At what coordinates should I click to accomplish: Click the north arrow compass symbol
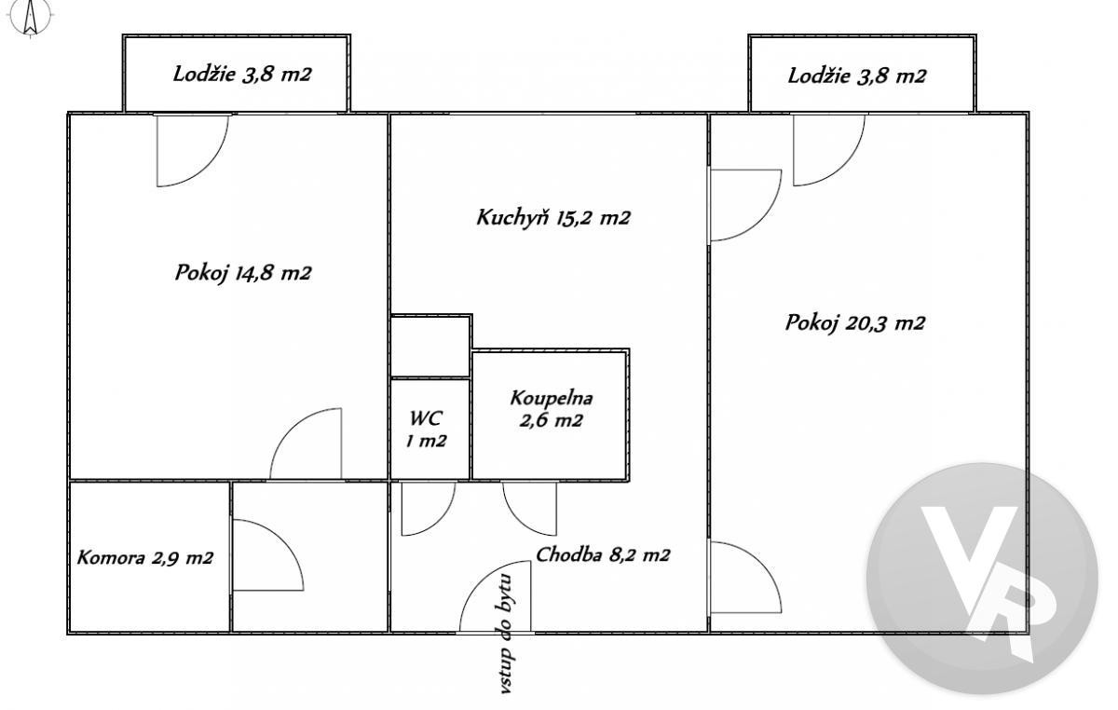pyautogui.click(x=31, y=18)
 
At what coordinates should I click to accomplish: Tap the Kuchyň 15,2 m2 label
pyautogui.click(x=553, y=218)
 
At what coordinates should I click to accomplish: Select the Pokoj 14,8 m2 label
pyautogui.click(x=243, y=273)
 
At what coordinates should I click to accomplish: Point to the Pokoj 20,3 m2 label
pyautogui.click(x=855, y=323)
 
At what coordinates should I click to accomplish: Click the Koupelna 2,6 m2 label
pyautogui.click(x=551, y=409)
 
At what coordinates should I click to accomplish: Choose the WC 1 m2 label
pyautogui.click(x=426, y=429)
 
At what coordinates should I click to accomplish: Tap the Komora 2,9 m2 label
pyautogui.click(x=145, y=557)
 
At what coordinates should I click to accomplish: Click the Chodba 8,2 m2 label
pyautogui.click(x=603, y=554)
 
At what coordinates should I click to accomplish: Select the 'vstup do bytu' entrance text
pyautogui.click(x=506, y=634)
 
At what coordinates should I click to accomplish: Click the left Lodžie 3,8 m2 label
pyautogui.click(x=242, y=75)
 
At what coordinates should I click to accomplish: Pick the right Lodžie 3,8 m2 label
pyautogui.click(x=857, y=76)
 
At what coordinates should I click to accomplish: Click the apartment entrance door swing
pyautogui.click(x=495, y=596)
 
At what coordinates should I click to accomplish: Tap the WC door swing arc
pyautogui.click(x=429, y=509)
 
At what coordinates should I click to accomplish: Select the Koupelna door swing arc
pyautogui.click(x=529, y=509)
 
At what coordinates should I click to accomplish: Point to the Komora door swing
pyautogui.click(x=268, y=555)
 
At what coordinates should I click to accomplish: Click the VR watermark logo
pyautogui.click(x=982, y=579)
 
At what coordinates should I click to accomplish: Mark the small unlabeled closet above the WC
pyautogui.click(x=430, y=347)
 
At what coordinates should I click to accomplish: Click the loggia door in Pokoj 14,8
pyautogui.click(x=193, y=151)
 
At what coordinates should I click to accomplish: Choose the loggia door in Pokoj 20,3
pyautogui.click(x=829, y=150)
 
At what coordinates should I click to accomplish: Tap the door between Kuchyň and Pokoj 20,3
pyautogui.click(x=746, y=205)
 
